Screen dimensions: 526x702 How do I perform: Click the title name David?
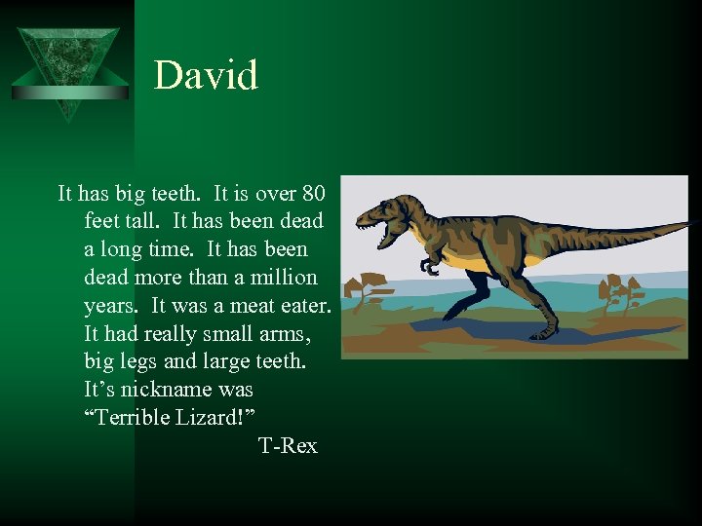[x=206, y=75]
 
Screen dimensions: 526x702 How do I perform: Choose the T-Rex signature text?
[x=288, y=445]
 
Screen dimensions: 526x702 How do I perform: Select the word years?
[x=112, y=305]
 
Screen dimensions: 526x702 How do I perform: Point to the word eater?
[x=306, y=305]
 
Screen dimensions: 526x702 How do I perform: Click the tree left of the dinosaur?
[x=370, y=289]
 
